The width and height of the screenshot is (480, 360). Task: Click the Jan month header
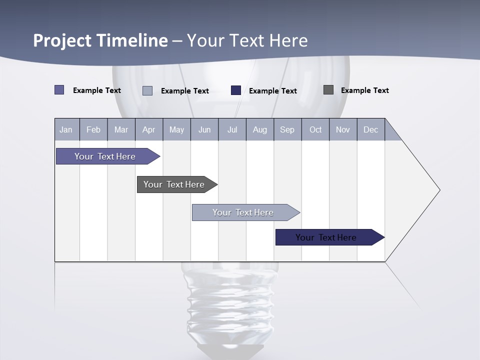pyautogui.click(x=66, y=129)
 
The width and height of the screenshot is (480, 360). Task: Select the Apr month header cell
pyautogui.click(x=149, y=129)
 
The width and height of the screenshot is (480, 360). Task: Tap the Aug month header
pyautogui.click(x=260, y=129)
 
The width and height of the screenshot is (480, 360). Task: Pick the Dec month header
pyautogui.click(x=371, y=129)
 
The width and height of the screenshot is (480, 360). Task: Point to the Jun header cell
pyautogui.click(x=204, y=129)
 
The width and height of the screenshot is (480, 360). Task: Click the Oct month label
pyautogui.click(x=315, y=129)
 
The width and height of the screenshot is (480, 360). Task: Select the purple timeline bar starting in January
pyautogui.click(x=105, y=156)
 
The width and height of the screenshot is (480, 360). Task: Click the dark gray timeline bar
pyautogui.click(x=174, y=184)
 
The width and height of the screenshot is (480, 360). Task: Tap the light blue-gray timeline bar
pyautogui.click(x=243, y=212)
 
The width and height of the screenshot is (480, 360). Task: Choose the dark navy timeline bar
pyautogui.click(x=326, y=237)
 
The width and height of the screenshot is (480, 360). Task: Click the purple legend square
pyautogui.click(x=59, y=90)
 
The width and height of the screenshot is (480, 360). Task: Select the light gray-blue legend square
pyautogui.click(x=147, y=90)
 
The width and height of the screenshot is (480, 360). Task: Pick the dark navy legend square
pyautogui.click(x=236, y=90)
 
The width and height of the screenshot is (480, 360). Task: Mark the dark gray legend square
pyautogui.click(x=328, y=90)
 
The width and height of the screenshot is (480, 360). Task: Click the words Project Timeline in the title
pyautogui.click(x=100, y=40)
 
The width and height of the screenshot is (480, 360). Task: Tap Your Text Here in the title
pyautogui.click(x=247, y=40)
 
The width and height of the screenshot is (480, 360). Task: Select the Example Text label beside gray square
pyautogui.click(x=364, y=90)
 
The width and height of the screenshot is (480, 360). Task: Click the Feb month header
pyautogui.click(x=93, y=129)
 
